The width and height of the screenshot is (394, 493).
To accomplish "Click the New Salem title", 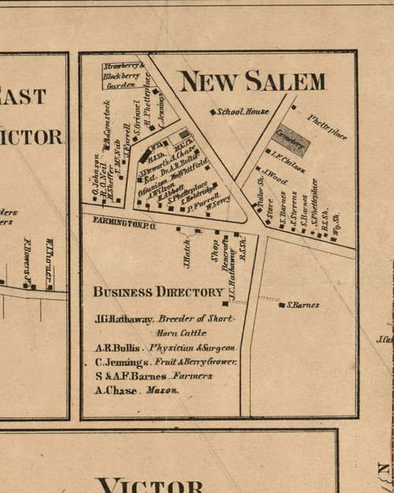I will point(251,80).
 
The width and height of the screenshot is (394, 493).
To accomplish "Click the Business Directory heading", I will point(158,292).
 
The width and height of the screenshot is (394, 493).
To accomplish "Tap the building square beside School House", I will point(212,112).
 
